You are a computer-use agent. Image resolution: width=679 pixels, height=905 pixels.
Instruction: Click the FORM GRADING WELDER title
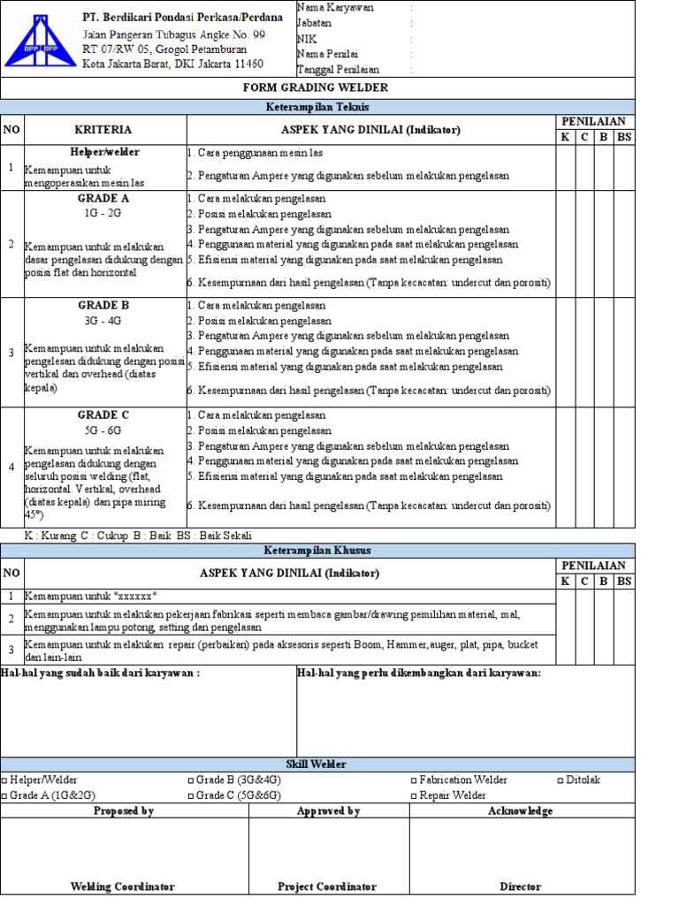coord(316,87)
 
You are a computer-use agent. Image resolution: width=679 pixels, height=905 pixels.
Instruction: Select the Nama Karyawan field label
coord(335,7)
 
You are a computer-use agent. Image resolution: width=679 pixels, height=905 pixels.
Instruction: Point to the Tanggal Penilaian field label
coord(339,69)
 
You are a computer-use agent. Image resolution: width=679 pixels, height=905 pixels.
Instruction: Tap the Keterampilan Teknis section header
coord(317,106)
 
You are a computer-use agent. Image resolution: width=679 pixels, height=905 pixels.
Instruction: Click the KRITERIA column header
coord(103,129)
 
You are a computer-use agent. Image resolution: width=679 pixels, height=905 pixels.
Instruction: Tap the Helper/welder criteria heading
coord(104,152)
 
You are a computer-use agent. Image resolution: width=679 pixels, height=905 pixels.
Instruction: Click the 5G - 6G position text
coord(103,430)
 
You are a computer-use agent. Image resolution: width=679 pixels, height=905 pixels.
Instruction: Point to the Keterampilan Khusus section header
coord(317,550)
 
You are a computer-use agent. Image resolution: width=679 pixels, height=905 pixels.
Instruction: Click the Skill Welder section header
coord(316,764)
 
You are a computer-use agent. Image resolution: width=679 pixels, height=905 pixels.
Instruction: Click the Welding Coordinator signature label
coord(122,886)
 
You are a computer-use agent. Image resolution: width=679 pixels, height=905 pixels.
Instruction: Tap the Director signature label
coord(520,886)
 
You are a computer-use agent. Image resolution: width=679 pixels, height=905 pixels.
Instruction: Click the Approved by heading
coord(328,810)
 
